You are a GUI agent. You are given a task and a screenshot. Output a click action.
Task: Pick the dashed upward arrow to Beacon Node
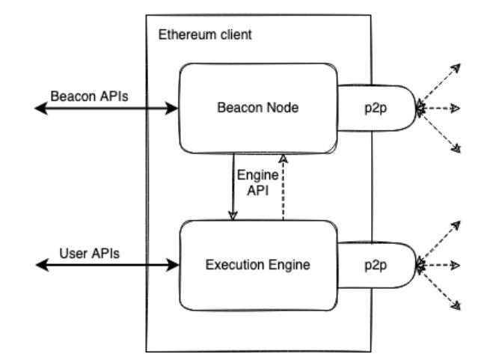(x=283, y=187)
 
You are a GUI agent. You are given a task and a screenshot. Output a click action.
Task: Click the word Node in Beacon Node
(x=284, y=109)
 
